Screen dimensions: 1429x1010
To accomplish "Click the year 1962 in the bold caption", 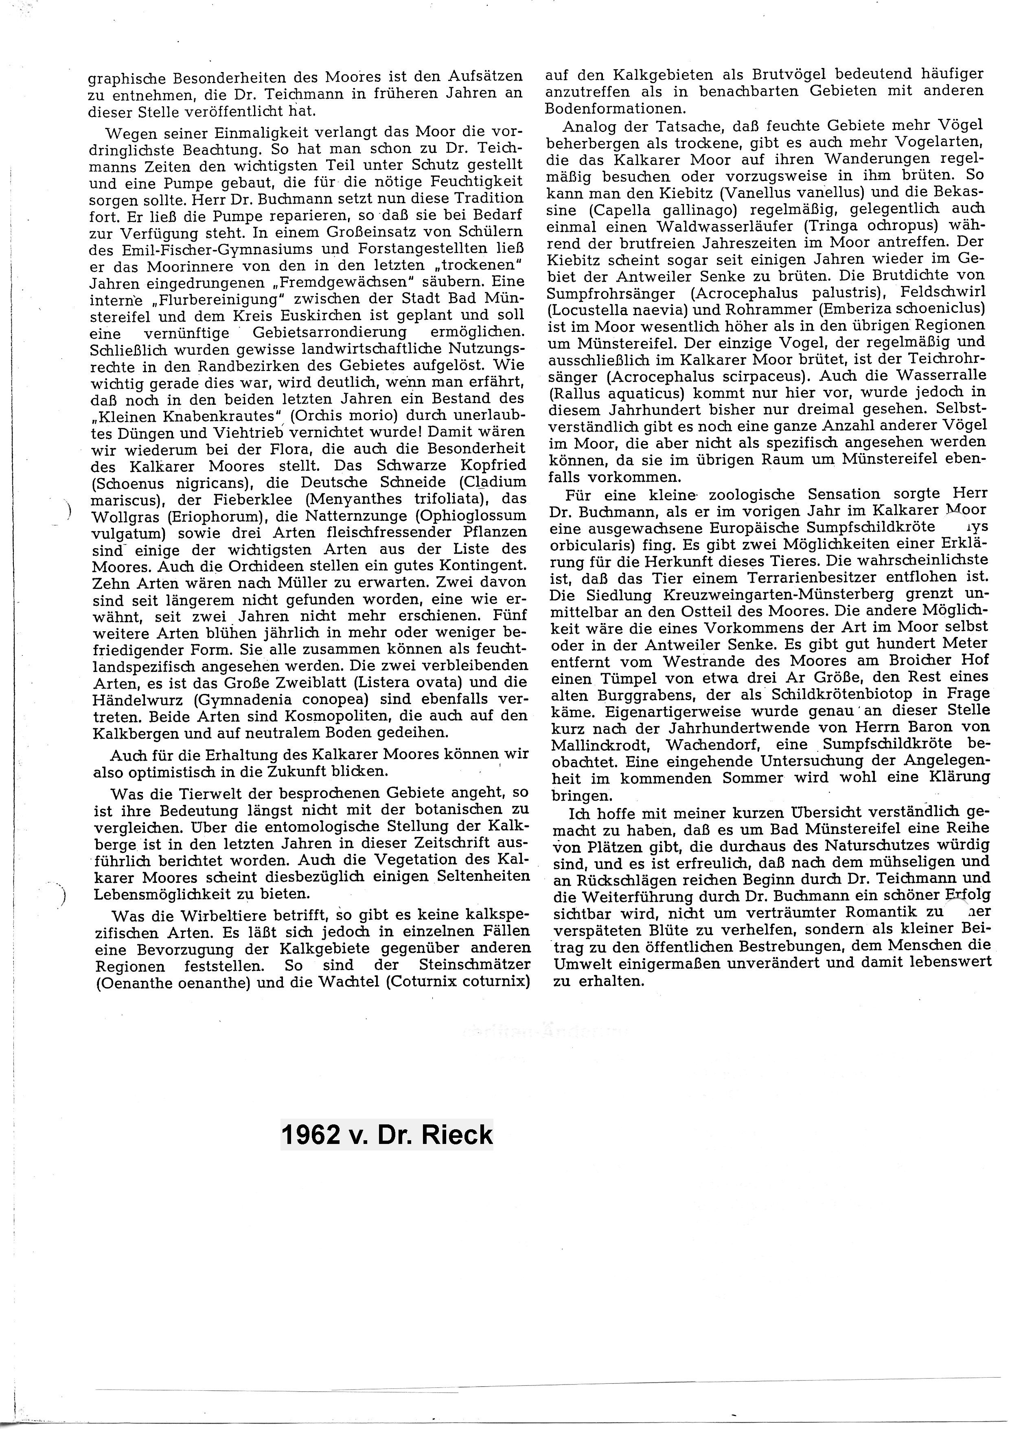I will (x=311, y=1135).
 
